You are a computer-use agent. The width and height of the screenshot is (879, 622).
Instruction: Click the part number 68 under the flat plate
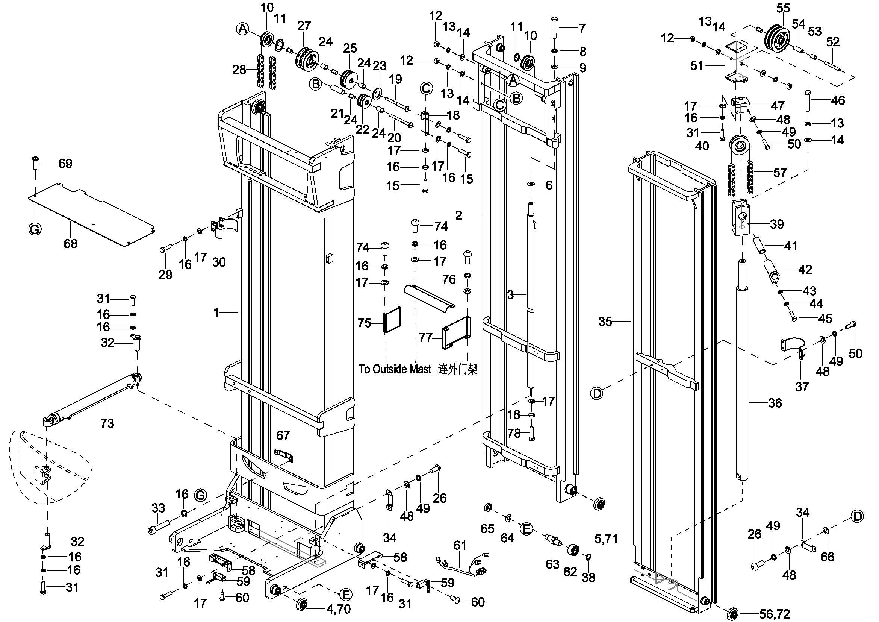point(70,244)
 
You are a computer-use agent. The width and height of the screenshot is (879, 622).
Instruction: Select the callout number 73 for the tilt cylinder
point(107,423)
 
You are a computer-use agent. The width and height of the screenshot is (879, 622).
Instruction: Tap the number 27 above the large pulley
point(304,26)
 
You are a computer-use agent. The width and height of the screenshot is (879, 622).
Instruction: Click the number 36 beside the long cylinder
point(775,402)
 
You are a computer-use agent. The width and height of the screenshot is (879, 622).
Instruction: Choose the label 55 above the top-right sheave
point(783,8)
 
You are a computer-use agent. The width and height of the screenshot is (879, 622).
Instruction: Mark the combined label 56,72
point(775,614)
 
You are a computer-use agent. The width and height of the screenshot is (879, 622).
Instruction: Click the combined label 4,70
point(339,608)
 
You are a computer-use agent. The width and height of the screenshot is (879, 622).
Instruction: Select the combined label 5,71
point(606,539)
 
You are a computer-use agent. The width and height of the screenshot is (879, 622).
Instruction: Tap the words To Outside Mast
point(395,369)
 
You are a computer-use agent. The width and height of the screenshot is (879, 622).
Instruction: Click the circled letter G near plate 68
point(35,229)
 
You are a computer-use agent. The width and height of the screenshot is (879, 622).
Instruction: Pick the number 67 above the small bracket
point(283,435)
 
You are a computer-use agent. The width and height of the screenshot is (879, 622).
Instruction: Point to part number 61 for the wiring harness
point(460,545)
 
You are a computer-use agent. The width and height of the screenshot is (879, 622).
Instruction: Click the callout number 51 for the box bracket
point(697,66)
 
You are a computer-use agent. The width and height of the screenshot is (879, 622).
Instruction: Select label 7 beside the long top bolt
point(582,28)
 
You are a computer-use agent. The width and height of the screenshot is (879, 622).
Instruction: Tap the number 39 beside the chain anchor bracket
point(777,224)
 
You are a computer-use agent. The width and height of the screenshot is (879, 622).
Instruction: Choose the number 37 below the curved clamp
point(802,387)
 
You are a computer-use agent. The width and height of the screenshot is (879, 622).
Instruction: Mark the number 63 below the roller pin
point(552,564)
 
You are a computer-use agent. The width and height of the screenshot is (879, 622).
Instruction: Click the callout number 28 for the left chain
point(239,70)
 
